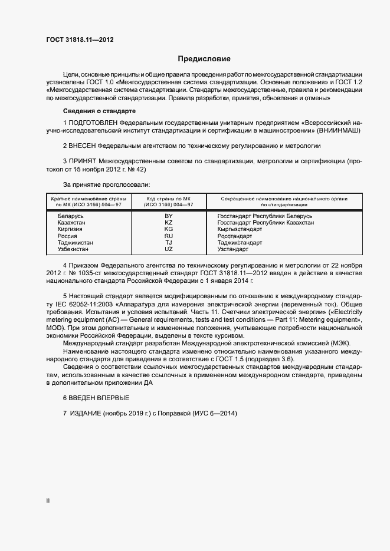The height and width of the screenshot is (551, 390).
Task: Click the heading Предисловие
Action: coord(204,59)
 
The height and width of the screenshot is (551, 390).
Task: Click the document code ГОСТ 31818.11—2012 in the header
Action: coord(80,39)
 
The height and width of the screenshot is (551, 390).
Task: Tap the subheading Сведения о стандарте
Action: coord(99,111)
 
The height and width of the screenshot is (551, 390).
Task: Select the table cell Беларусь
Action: coord(70,216)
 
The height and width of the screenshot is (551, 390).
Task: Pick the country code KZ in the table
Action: coord(169,223)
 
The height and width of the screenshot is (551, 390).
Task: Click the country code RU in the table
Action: coord(169,236)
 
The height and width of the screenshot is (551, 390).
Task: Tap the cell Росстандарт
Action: coord(234,236)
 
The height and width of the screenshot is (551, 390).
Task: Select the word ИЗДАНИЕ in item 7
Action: coord(86,414)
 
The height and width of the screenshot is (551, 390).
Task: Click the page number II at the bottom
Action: coord(48,500)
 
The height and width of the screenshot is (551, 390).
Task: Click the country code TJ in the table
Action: coord(169,243)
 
